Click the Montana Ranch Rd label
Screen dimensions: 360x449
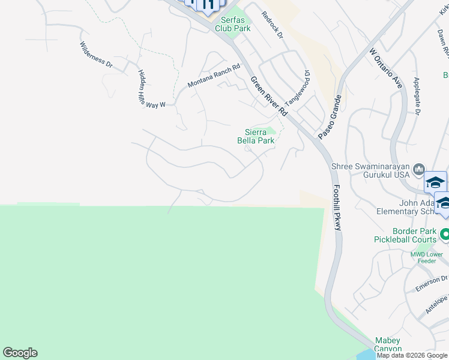pyautogui.click(x=214, y=76)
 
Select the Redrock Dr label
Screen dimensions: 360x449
pyautogui.click(x=271, y=24)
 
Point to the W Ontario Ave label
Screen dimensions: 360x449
pyautogui.click(x=385, y=70)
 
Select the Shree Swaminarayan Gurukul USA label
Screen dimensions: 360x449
pyautogui.click(x=372, y=170)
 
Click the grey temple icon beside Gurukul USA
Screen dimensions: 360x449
pyautogui.click(x=419, y=170)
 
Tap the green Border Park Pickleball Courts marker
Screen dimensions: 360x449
pyautogui.click(x=445, y=234)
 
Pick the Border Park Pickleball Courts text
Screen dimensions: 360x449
pyautogui.click(x=408, y=235)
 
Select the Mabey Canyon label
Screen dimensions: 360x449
pyautogui.click(x=387, y=345)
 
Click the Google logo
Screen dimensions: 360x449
pyautogui.click(x=20, y=353)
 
